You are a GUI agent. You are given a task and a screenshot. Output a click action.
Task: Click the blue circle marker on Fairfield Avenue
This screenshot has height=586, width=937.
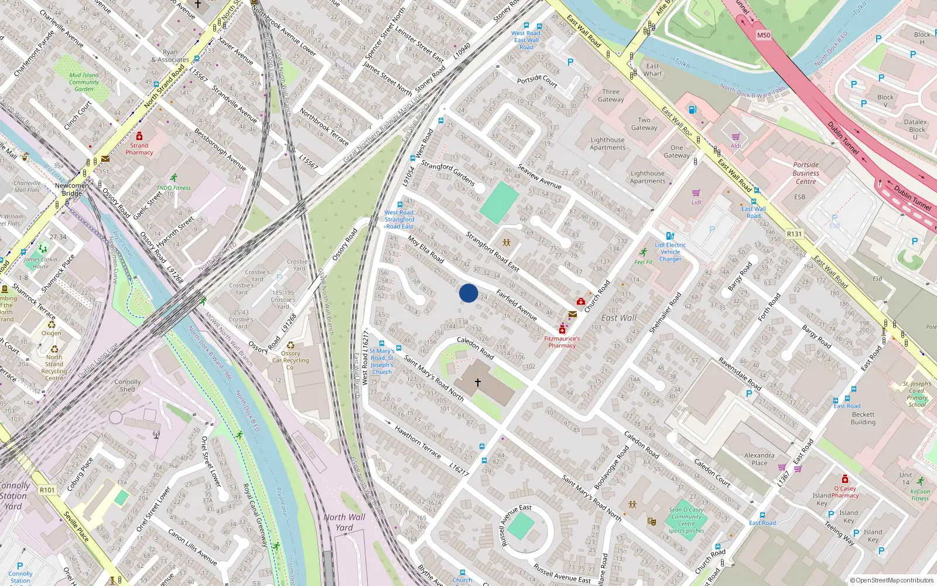(x=468, y=293)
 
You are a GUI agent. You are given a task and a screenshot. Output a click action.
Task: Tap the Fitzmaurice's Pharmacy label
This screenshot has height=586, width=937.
(x=562, y=342)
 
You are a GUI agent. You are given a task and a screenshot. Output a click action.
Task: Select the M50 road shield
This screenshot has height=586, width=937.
(x=764, y=35)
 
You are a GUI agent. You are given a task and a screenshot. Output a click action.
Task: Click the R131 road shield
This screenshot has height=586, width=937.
(x=794, y=234)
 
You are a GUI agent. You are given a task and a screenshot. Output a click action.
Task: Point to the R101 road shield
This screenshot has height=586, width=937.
(x=47, y=490)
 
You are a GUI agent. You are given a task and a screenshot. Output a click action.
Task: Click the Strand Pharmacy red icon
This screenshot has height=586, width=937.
(x=139, y=136)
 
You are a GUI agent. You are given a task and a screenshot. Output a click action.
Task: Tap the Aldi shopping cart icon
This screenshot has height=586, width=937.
(x=736, y=137)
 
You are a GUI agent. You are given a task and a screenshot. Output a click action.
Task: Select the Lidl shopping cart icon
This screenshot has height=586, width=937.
(x=696, y=193)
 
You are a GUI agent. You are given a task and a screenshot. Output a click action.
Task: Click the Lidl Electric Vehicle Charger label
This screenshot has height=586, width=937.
(x=671, y=252)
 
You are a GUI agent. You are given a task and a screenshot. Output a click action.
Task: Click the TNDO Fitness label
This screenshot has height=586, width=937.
(x=173, y=188)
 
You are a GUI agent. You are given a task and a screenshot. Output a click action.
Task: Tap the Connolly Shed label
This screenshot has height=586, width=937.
(x=128, y=386)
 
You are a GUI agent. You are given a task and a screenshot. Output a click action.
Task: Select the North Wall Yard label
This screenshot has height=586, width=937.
(x=344, y=522)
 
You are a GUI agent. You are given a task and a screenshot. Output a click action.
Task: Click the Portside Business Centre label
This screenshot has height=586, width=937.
(x=806, y=173)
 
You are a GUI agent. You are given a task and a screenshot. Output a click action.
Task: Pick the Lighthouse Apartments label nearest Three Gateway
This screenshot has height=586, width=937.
(x=607, y=144)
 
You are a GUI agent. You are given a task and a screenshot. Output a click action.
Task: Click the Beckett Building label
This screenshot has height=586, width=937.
(x=863, y=418)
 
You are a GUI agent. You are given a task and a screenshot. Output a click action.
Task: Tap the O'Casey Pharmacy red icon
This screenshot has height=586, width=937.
(x=845, y=479)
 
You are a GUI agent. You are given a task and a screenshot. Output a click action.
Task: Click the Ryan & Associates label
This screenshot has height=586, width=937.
(x=170, y=56)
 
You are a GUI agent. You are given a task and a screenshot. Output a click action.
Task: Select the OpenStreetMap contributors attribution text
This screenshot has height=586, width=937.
(x=892, y=581)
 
